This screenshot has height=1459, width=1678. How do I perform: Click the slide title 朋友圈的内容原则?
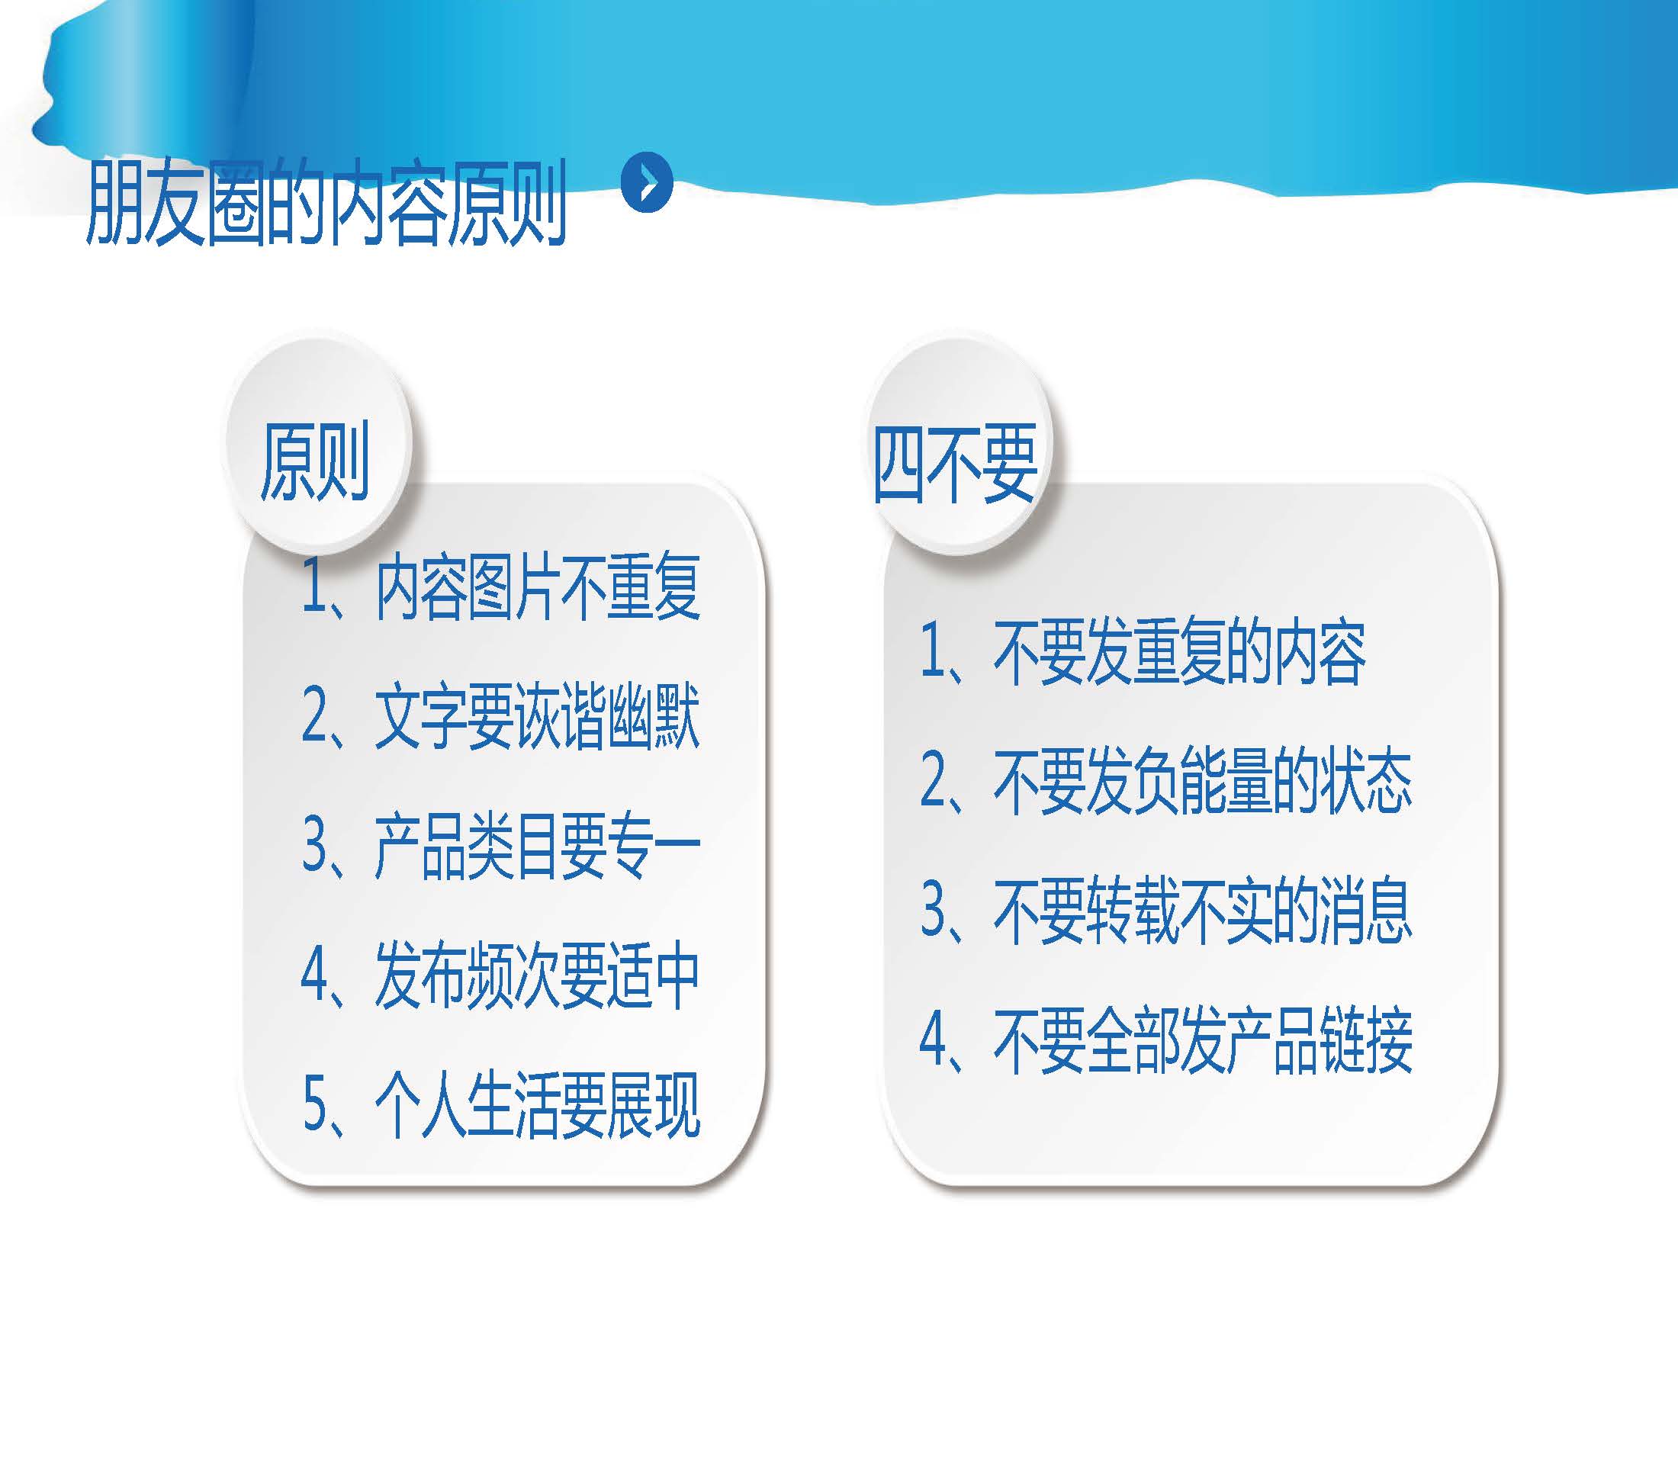pyautogui.click(x=326, y=203)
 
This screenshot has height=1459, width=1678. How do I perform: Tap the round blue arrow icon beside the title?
pyautogui.click(x=647, y=182)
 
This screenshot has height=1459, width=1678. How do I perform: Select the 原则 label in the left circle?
pyautogui.click(x=314, y=460)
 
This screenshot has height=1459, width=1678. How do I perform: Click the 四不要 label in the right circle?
pyautogui.click(x=954, y=462)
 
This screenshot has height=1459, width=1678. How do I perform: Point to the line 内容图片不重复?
pyautogui.click(x=500, y=586)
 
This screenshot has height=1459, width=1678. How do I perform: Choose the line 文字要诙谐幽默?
pyautogui.click(x=500, y=716)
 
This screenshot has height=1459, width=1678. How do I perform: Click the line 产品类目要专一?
pyautogui.click(x=500, y=847)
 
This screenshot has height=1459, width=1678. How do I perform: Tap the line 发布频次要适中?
pyautogui.click(x=500, y=975)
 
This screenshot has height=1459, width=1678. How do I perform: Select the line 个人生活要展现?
pyautogui.click(x=500, y=1105)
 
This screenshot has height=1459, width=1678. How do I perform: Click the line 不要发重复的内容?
pyautogui.click(x=1143, y=651)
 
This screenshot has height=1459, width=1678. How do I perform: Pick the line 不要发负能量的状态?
pyautogui.click(x=1166, y=781)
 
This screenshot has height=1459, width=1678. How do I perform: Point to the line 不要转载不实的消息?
pyautogui.click(x=1166, y=911)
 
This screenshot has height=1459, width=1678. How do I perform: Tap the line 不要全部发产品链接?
pyautogui.click(x=1166, y=1040)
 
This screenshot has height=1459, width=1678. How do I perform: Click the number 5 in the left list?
pyautogui.click(x=314, y=1105)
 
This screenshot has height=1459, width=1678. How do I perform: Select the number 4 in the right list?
pyautogui.click(x=932, y=1040)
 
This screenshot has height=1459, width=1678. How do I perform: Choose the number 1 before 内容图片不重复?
pyautogui.click(x=313, y=586)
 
